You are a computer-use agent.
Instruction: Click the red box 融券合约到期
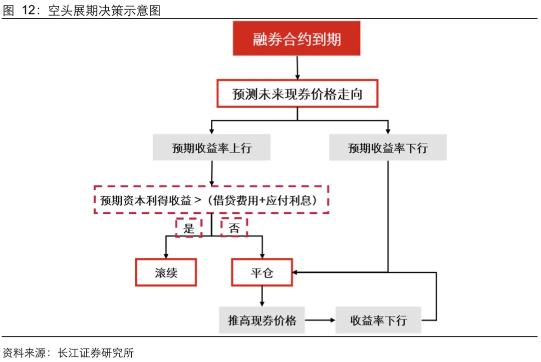click(297, 38)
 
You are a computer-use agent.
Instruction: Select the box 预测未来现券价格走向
click(297, 94)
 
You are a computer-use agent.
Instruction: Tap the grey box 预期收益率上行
click(211, 148)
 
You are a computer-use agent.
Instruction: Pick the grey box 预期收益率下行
click(388, 148)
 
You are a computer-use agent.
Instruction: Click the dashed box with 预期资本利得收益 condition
click(211, 200)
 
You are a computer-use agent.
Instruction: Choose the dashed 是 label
click(189, 227)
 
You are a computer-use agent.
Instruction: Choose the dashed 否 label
click(234, 227)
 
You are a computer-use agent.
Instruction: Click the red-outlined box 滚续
click(166, 272)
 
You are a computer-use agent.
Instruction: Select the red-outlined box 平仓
click(262, 272)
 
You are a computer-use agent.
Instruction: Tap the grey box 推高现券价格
click(262, 320)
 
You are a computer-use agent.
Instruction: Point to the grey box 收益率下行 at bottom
click(378, 320)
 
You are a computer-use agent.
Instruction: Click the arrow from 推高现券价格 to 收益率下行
click(320, 320)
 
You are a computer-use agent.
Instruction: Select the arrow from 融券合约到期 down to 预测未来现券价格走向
click(298, 68)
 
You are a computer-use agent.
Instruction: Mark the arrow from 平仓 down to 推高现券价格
click(262, 296)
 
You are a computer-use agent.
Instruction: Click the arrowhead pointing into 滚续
click(166, 256)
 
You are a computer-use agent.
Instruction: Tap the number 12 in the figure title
click(28, 11)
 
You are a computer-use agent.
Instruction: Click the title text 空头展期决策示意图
click(104, 11)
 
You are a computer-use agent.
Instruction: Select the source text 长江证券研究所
click(96, 352)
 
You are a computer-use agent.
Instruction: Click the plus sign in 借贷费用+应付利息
click(262, 200)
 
